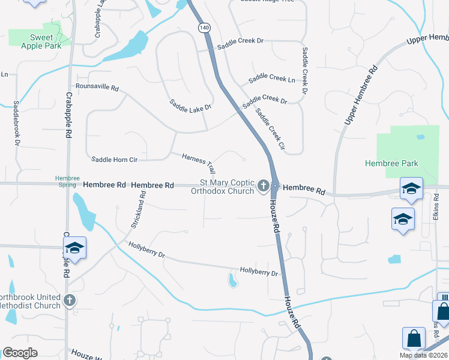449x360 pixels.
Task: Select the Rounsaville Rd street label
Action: click(97, 86)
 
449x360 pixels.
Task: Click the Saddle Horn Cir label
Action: click(115, 160)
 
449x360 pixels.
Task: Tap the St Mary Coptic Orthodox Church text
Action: click(222, 187)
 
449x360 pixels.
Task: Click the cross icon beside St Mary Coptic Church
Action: click(263, 188)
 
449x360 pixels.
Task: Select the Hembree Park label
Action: click(391, 163)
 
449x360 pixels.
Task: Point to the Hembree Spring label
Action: click(67, 181)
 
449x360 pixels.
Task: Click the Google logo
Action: click(20, 353)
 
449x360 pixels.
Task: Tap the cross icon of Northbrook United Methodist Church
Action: click(70, 301)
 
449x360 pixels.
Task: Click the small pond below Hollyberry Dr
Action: click(232, 280)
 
